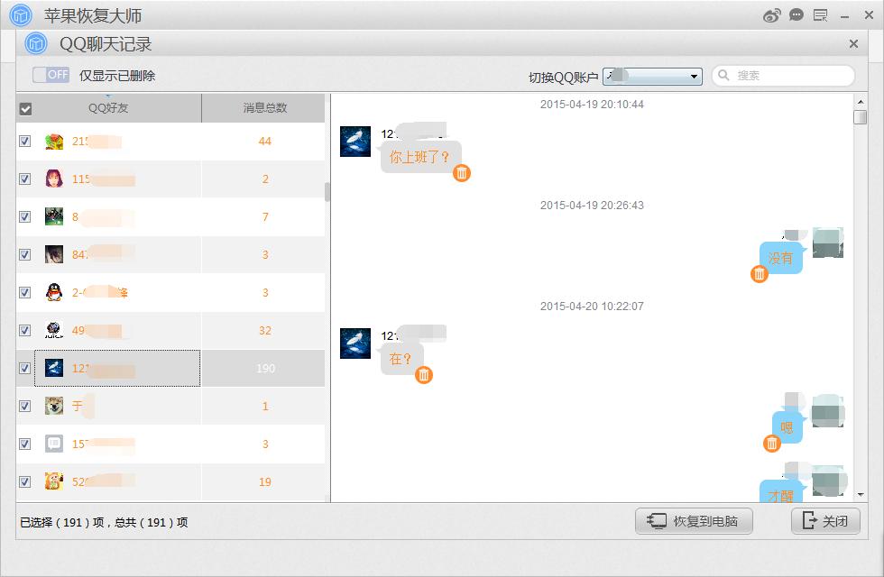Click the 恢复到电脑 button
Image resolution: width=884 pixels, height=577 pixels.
point(694,521)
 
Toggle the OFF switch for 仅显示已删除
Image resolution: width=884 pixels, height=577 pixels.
point(51,75)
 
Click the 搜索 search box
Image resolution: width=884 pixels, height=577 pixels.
point(783,76)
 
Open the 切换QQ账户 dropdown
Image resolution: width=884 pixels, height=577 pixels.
point(653,77)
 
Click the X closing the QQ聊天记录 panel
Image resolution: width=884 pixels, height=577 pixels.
point(853,43)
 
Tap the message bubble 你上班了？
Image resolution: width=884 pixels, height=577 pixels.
point(419,157)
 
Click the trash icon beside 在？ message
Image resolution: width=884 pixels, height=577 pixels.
point(424,375)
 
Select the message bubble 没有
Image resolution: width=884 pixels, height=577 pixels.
point(780,258)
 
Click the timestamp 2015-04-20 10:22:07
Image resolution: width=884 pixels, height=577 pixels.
point(592,307)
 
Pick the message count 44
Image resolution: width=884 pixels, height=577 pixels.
point(264,142)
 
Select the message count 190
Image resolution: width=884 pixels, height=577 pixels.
point(264,369)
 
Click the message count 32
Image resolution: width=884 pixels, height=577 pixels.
point(264,331)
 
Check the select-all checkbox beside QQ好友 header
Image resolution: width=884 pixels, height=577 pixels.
point(25,109)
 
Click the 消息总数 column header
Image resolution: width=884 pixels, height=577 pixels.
point(264,108)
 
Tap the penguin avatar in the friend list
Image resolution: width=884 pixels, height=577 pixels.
point(54,292)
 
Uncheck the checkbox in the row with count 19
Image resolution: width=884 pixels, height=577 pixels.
point(25,481)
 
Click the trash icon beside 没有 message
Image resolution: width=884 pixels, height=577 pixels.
point(760,274)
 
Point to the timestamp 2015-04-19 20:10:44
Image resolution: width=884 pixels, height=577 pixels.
point(592,105)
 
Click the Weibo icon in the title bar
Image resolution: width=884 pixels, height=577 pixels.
point(771,15)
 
